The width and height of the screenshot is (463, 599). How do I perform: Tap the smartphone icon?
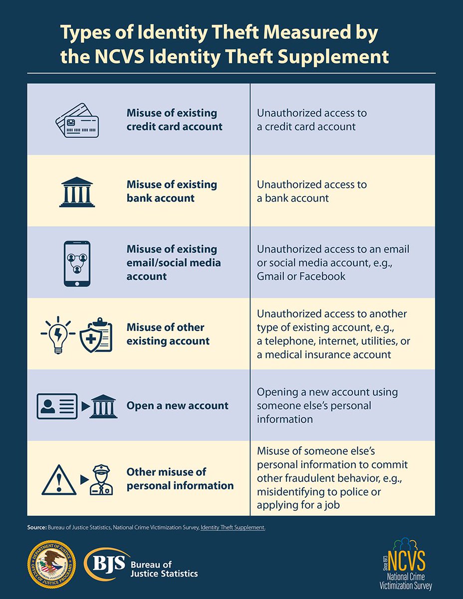pyautogui.click(x=77, y=263)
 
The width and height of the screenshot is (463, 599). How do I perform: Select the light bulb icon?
pyautogui.click(x=58, y=333)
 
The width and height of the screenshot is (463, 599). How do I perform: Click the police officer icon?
pyautogui.click(x=101, y=479)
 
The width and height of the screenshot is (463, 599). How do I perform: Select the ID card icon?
pyautogui.click(x=57, y=406)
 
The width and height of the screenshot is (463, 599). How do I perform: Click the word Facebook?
pyautogui.click(x=322, y=276)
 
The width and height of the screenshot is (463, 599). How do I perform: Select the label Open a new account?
pyautogui.click(x=177, y=405)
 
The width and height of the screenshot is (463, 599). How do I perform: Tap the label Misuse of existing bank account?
pyautogui.click(x=172, y=191)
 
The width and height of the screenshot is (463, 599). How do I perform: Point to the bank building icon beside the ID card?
pyautogui.click(x=104, y=406)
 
